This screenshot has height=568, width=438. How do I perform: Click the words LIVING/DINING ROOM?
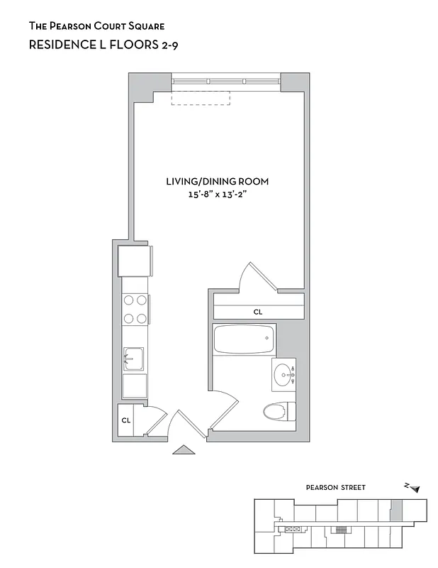point(217,181)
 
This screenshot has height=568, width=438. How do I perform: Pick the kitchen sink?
point(134,359)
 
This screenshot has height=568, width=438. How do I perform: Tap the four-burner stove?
point(134,310)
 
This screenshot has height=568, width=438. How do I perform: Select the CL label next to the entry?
point(126,420)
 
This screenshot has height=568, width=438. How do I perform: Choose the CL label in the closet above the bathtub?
point(258,312)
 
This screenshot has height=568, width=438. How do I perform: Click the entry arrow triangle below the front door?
point(184,449)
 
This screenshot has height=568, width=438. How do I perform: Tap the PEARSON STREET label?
point(335,488)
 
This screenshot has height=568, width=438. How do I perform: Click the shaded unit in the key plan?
point(396,509)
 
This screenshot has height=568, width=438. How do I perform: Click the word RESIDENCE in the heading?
point(59,45)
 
